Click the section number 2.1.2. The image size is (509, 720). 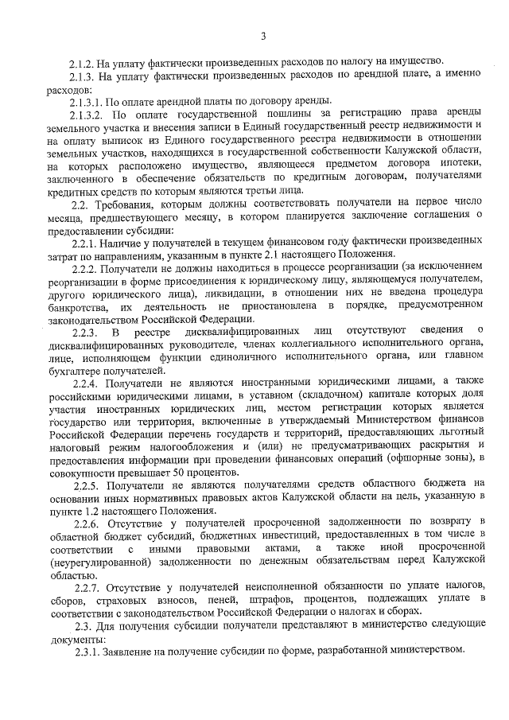82,62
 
